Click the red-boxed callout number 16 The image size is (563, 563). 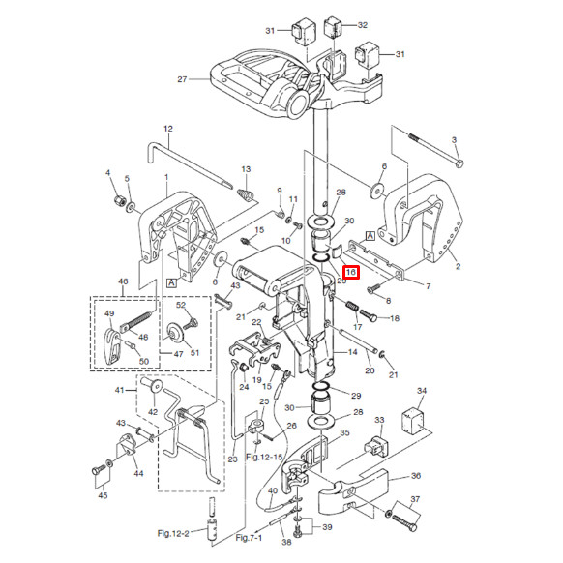351,274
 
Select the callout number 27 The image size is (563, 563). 181,79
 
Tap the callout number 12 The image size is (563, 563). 166,129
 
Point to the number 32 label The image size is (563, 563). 363,25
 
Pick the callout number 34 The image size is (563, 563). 421,390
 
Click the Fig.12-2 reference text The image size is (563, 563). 178,533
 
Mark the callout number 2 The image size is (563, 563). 458,264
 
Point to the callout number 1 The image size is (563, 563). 165,177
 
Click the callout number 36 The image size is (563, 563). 416,476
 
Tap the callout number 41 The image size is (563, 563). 120,390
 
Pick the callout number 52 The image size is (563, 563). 180,306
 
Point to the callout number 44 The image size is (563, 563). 138,473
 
